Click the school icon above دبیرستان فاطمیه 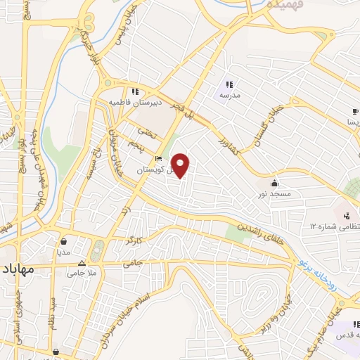(x=134, y=91)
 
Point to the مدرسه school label (x=231, y=94)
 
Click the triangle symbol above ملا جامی (x=82, y=264)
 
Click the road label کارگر (x=133, y=242)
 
